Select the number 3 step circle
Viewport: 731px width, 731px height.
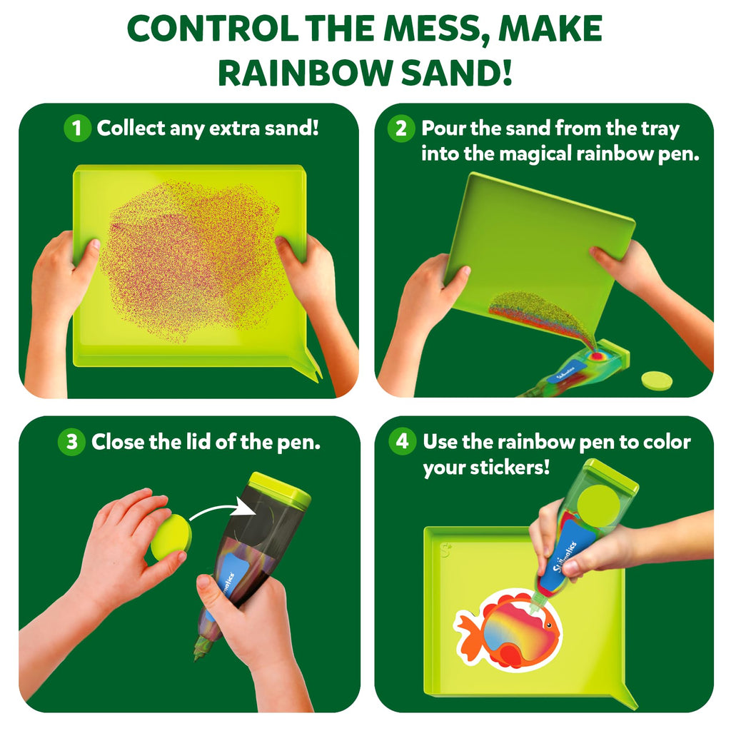point(71,441)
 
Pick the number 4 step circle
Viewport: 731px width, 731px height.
point(403,441)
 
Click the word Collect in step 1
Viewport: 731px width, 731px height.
point(131,128)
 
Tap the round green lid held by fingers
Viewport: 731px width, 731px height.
point(171,538)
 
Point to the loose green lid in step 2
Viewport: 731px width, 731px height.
point(656,380)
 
